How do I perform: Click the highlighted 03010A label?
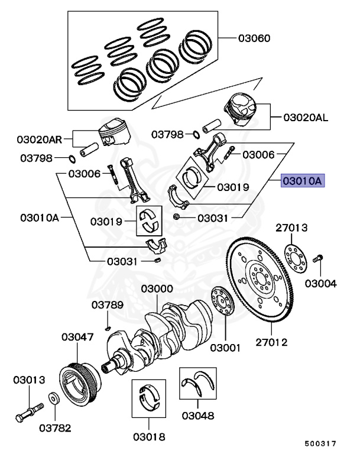click(303, 181)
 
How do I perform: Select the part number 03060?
click(254, 39)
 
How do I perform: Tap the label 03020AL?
click(305, 118)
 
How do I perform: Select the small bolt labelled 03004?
click(319, 258)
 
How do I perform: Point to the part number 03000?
click(157, 289)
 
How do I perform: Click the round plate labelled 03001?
click(222, 302)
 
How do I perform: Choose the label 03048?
click(198, 416)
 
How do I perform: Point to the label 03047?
click(77, 338)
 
